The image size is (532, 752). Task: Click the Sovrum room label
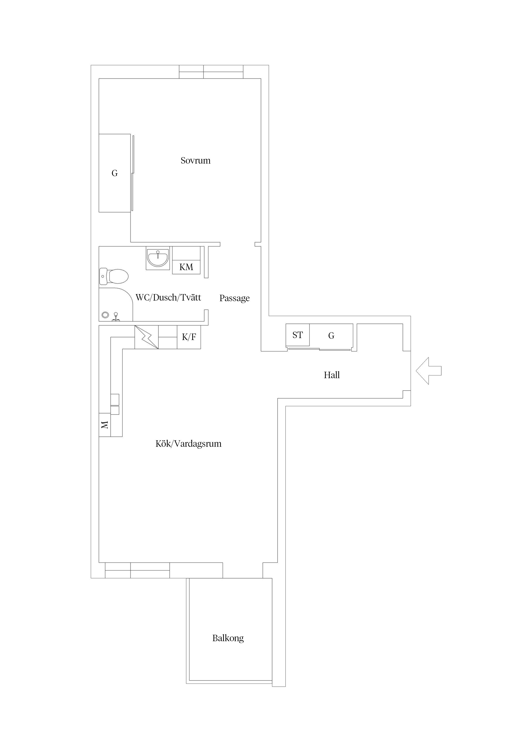point(195,161)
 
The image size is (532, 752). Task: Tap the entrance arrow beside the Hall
point(428,371)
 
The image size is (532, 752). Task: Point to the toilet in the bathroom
point(113,276)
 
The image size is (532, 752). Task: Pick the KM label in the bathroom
point(186,267)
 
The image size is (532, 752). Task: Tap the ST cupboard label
point(298,335)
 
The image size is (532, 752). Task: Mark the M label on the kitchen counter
point(104,425)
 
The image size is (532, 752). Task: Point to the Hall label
point(332,375)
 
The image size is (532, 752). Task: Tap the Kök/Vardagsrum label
point(189,444)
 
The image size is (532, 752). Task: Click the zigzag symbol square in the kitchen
point(147,337)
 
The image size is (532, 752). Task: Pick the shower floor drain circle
point(105,315)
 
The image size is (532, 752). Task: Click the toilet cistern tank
point(103,276)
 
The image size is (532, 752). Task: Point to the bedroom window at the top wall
point(211,72)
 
